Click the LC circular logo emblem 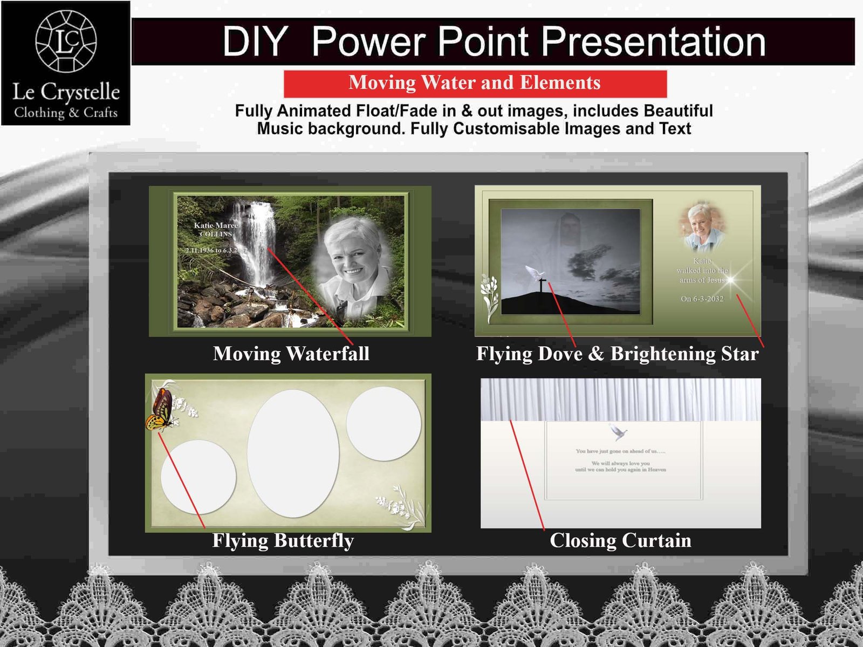pyautogui.click(x=66, y=41)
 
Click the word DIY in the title pyautogui.click(x=255, y=42)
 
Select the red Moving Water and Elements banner pyautogui.click(x=475, y=83)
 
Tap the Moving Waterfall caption pyautogui.click(x=291, y=354)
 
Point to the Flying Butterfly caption pyautogui.click(x=283, y=540)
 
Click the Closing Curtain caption pyautogui.click(x=620, y=540)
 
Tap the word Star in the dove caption pyautogui.click(x=740, y=354)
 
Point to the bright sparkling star pyautogui.click(x=731, y=279)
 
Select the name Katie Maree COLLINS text pyautogui.click(x=216, y=230)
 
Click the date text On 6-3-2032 pyautogui.click(x=702, y=299)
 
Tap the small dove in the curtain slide pyautogui.click(x=618, y=432)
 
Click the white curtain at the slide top pyautogui.click(x=620, y=399)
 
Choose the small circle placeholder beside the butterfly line pyautogui.click(x=198, y=477)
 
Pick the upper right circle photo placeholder pyautogui.click(x=383, y=423)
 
